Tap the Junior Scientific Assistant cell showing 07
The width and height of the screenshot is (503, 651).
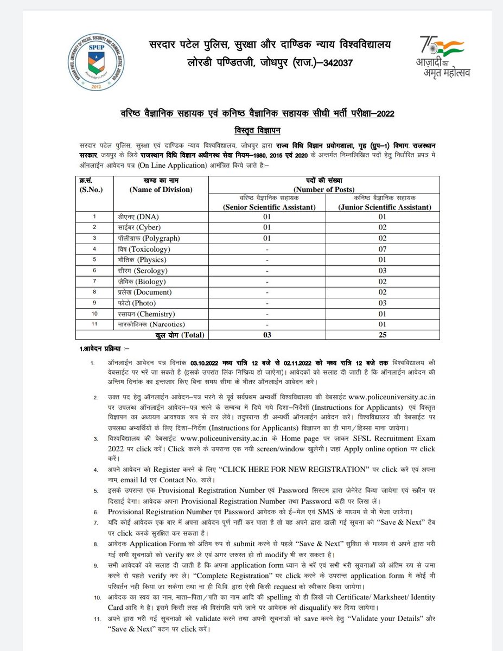[x=383, y=249]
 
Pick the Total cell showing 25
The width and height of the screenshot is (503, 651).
[x=383, y=335]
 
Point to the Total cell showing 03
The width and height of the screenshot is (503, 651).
[x=266, y=335]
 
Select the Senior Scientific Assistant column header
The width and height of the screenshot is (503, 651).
[x=266, y=207]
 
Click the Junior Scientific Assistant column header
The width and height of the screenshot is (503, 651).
[x=383, y=207]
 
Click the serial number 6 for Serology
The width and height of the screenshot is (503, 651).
[x=94, y=270]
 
